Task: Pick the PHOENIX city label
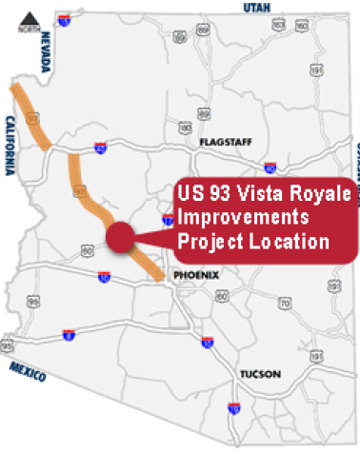[x=197, y=275]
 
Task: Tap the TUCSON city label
[x=260, y=374]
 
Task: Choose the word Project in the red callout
[x=210, y=242]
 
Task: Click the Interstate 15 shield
[x=63, y=18]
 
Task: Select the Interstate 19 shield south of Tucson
[x=234, y=409]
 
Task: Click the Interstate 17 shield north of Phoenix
[x=167, y=220]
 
